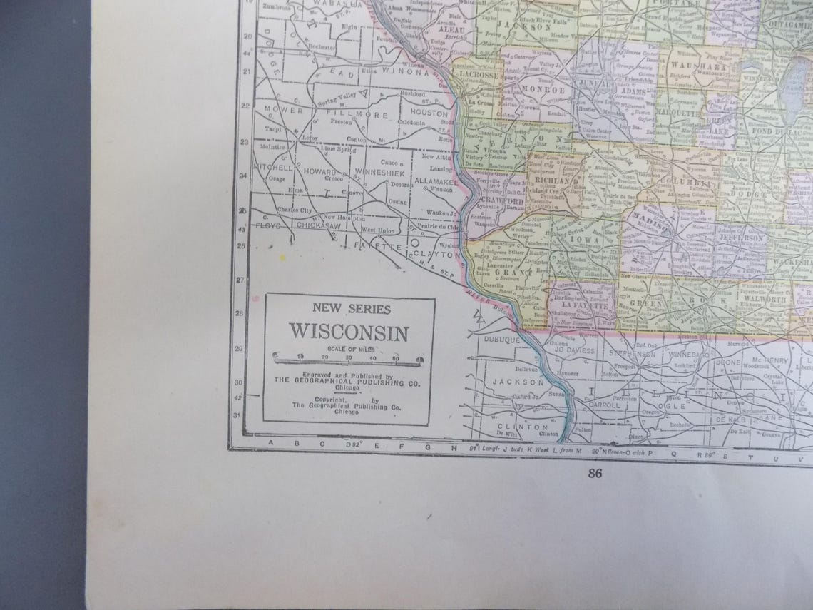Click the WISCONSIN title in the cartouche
click(349, 332)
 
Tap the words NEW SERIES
click(349, 309)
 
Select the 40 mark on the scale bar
click(373, 357)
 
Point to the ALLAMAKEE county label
click(434, 182)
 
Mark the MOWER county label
click(279, 109)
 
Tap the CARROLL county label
click(605, 404)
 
